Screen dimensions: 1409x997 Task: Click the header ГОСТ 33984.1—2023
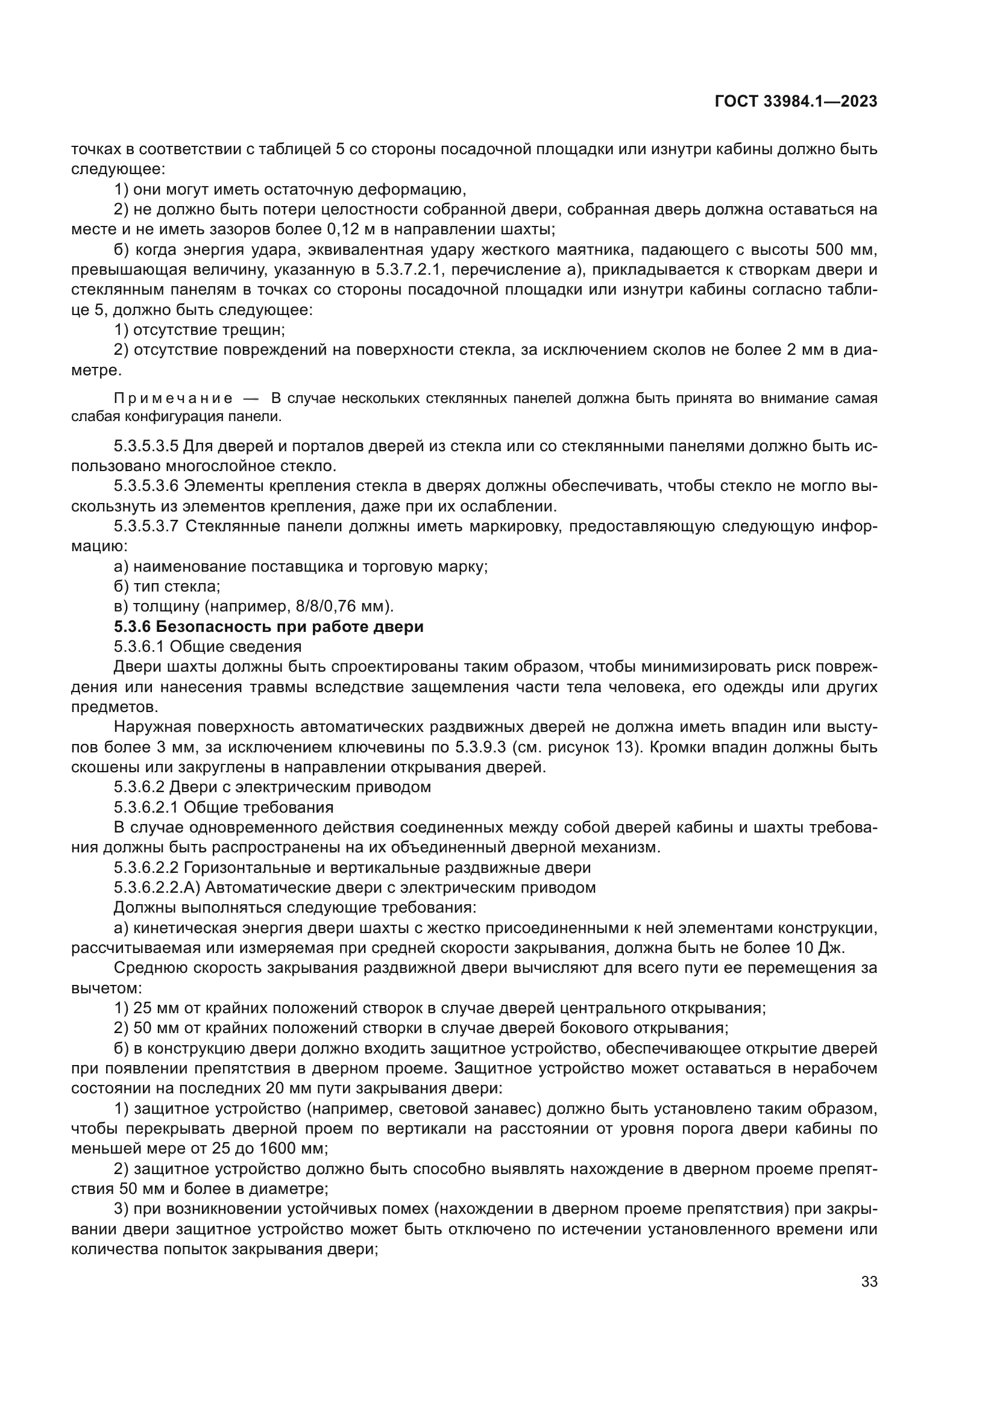796,102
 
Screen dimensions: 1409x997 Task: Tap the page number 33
869,1281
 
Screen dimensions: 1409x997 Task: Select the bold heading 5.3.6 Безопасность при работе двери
269,626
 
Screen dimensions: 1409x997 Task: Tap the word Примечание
173,398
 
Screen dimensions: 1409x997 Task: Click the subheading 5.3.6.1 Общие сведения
207,647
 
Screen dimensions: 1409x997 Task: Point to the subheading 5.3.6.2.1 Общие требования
224,808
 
